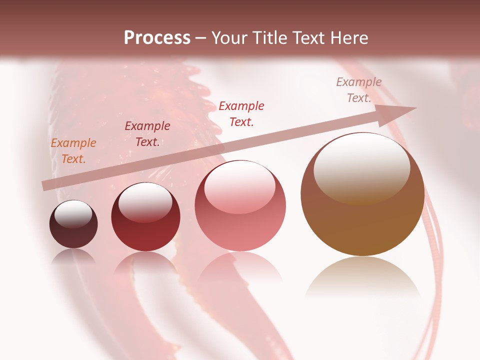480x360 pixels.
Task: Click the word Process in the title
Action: tap(157, 38)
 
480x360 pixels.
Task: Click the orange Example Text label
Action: tap(73, 151)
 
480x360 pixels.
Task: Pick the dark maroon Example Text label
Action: tap(147, 134)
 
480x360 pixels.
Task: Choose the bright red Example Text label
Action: tap(241, 113)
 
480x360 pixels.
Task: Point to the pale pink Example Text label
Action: tap(359, 90)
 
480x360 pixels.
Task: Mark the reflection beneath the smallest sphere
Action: tap(73, 256)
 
